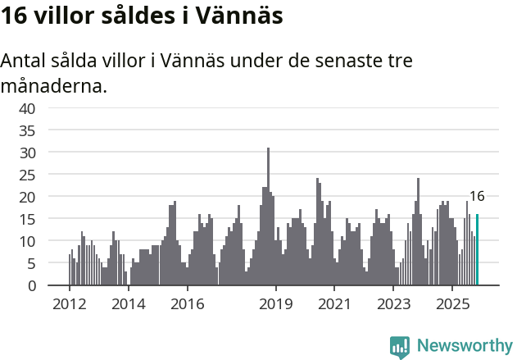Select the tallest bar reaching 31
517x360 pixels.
(x=268, y=217)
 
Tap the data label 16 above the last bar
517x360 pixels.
(x=476, y=196)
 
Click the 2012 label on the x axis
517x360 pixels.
(x=69, y=304)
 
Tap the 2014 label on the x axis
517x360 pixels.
(x=128, y=304)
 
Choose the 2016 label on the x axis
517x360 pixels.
(x=188, y=304)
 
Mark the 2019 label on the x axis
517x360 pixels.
(x=276, y=304)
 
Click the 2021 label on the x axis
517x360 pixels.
(x=334, y=304)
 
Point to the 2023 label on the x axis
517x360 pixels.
(x=393, y=304)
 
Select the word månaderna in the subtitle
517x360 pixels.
(x=54, y=84)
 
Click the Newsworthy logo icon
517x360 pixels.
(x=400, y=347)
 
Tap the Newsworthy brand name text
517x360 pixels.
(x=465, y=346)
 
